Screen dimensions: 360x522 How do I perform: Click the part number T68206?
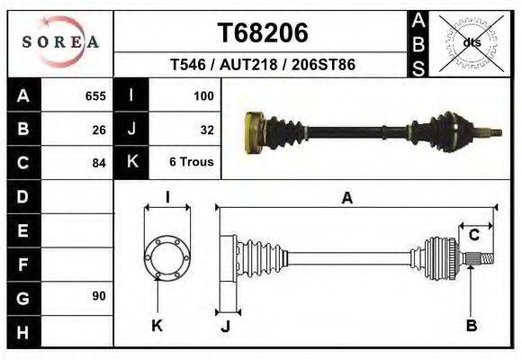click(x=263, y=32)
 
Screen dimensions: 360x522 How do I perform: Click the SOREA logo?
click(x=60, y=42)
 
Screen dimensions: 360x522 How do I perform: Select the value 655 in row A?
click(x=95, y=95)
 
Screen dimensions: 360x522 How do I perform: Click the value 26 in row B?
click(x=99, y=130)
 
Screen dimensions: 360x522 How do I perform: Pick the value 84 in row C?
click(x=99, y=163)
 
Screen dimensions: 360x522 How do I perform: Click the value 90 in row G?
click(x=99, y=296)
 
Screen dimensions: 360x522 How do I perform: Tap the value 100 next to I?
click(x=203, y=95)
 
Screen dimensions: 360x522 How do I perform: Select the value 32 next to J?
click(x=206, y=130)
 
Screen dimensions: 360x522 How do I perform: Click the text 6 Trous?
click(x=192, y=163)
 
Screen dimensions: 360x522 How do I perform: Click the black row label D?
click(x=23, y=196)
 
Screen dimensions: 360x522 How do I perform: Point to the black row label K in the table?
click(x=132, y=163)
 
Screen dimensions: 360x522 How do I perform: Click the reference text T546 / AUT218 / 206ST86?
click(x=263, y=66)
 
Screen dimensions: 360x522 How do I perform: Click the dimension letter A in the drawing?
click(x=346, y=199)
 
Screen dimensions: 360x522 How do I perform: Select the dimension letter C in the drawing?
click(x=473, y=236)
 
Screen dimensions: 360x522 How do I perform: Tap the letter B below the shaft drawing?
click(x=471, y=326)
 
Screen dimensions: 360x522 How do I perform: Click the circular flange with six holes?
click(x=167, y=257)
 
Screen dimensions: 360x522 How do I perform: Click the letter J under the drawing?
click(x=225, y=326)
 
